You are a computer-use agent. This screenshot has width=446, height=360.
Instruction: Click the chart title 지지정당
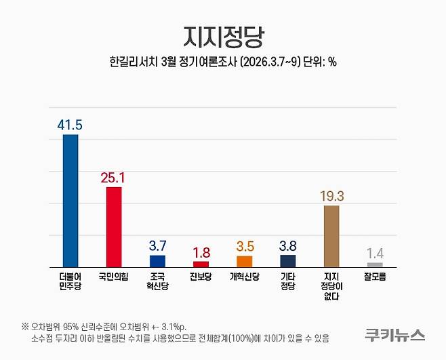click(222, 36)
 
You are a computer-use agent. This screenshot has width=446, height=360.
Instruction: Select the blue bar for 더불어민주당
click(70, 200)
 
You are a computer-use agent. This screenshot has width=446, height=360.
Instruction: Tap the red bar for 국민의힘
click(114, 226)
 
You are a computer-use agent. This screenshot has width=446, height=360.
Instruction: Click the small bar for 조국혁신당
click(157, 261)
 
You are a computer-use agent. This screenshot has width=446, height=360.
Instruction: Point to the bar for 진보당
click(201, 264)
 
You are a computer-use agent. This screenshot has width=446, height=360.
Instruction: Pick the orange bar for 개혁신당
click(244, 261)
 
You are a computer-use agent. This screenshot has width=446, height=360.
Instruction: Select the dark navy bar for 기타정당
click(287, 261)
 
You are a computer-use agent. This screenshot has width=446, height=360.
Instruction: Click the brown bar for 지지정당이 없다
click(331, 236)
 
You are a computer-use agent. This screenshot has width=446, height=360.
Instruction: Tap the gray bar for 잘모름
click(375, 264)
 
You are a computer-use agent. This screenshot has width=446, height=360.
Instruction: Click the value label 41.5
click(70, 124)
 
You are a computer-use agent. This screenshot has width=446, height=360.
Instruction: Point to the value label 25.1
click(114, 177)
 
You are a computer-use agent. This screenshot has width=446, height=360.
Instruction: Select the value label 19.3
click(331, 195)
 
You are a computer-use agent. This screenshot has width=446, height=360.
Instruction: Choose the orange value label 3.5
click(244, 245)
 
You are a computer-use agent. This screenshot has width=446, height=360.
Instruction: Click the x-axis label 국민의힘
click(114, 277)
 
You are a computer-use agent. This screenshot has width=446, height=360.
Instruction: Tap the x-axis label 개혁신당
click(244, 277)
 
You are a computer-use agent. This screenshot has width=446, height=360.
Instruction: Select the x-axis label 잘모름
click(375, 277)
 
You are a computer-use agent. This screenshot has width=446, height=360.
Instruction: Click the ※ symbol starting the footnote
click(25, 324)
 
